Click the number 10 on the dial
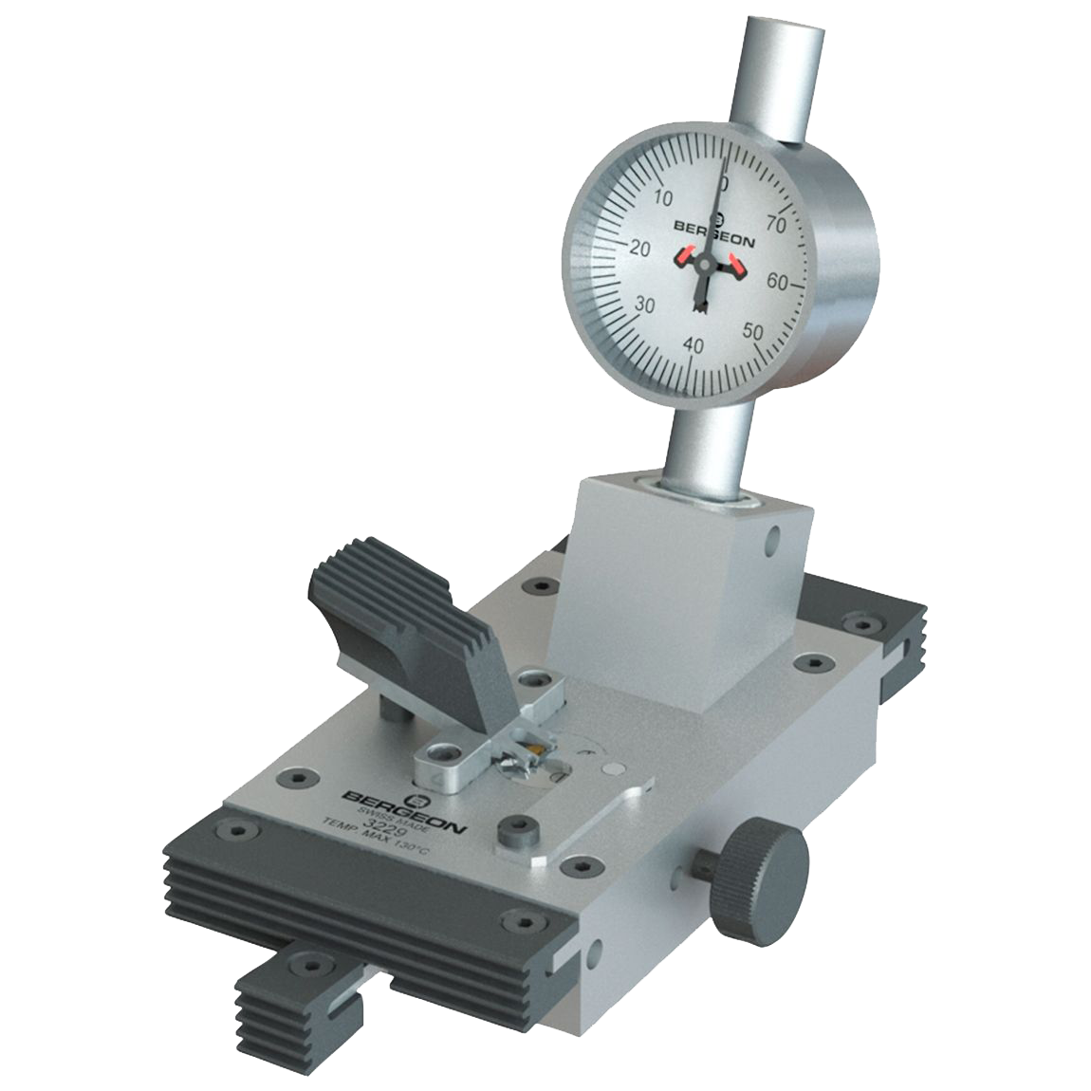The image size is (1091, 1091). pos(663,197)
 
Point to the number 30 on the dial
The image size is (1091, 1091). pos(645,305)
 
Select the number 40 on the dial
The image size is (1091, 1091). pos(693,346)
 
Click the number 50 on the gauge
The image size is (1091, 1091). pos(754,331)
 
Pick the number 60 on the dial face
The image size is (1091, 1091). pos(778,281)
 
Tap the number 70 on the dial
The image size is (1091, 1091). pos(776,225)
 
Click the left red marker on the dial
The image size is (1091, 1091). pos(686,256)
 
